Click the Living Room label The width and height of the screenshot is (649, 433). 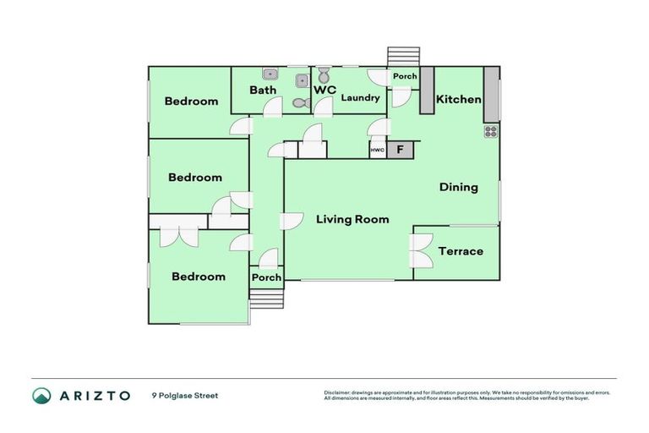tap(352, 220)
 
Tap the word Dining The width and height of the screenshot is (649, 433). tap(458, 188)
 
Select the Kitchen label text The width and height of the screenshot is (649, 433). tap(458, 100)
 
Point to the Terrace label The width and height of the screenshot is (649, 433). tap(461, 251)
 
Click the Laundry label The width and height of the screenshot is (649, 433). tap(360, 98)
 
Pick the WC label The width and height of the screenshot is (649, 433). tap(325, 90)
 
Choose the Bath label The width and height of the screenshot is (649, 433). tap(263, 90)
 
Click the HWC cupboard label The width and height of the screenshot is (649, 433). tap(377, 151)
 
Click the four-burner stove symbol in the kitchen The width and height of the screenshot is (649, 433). tap(491, 132)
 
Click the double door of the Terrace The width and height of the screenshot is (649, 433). tap(420, 251)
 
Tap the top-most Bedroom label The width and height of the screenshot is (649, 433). tap(191, 101)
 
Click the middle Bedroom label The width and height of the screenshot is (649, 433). tap(194, 178)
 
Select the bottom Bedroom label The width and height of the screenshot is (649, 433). tap(199, 277)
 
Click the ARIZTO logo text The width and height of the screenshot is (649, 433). tap(93, 396)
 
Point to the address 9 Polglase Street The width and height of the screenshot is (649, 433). tap(185, 395)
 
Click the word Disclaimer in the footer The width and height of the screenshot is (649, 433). tap(339, 392)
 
